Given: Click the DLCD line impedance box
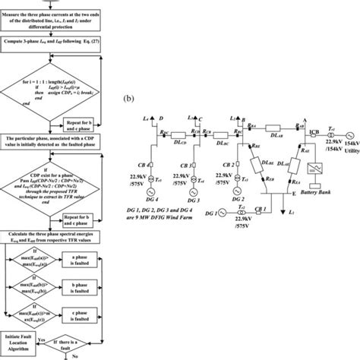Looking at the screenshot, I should [x=181, y=131].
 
